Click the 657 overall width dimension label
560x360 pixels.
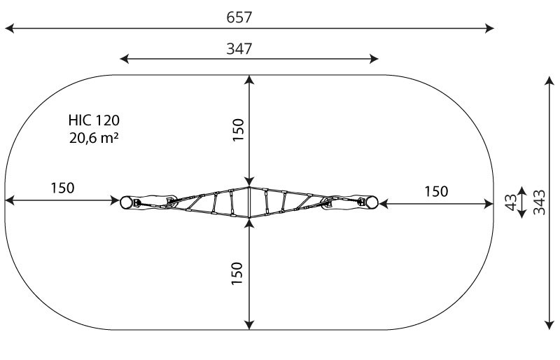click(239, 18)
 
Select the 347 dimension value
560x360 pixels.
click(239, 48)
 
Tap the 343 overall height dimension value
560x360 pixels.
click(539, 202)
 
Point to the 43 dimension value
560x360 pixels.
click(511, 202)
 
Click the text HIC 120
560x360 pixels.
click(94, 120)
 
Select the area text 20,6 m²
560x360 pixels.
click(94, 138)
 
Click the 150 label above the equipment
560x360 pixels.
click(238, 130)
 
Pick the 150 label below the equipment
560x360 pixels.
click(237, 273)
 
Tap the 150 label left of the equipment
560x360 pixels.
click(62, 188)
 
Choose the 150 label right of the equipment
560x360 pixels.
click(436, 192)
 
